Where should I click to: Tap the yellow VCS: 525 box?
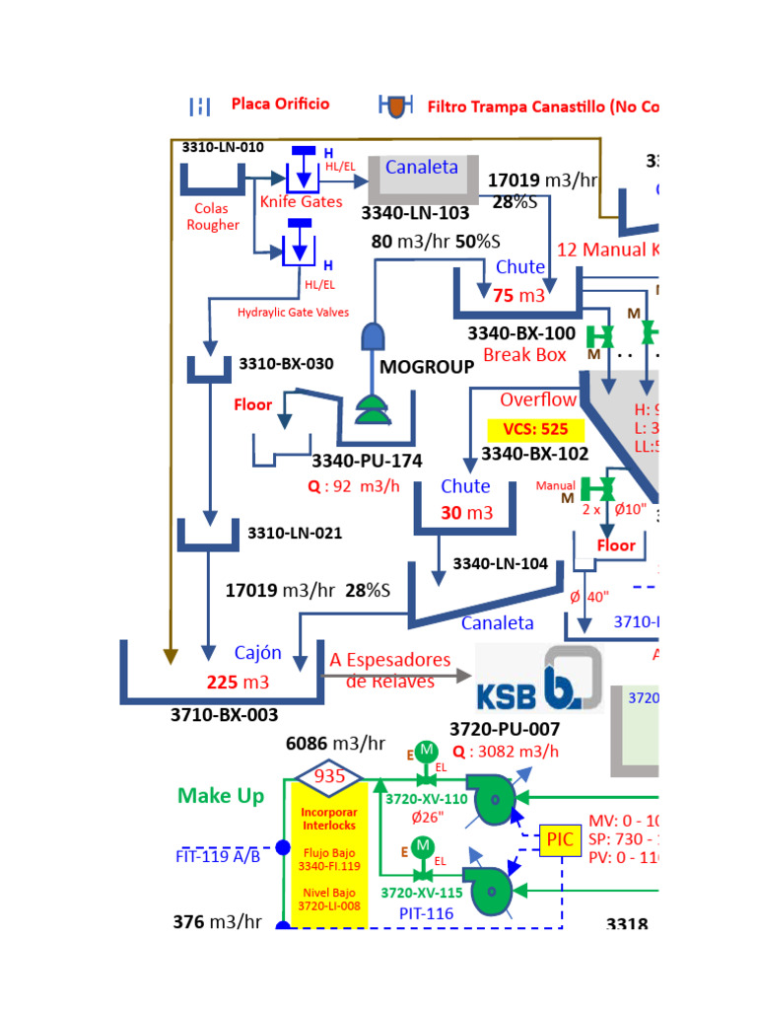[536, 429]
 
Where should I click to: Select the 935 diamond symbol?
[329, 776]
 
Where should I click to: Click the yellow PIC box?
[557, 839]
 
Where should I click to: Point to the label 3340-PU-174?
[367, 461]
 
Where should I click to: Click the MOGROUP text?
[427, 366]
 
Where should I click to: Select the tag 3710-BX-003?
[225, 714]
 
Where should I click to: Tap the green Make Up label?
[221, 795]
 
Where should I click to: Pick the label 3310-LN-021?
[295, 534]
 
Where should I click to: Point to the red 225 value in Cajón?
[223, 682]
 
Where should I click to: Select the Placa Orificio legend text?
[281, 104]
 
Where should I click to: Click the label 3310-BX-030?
[286, 363]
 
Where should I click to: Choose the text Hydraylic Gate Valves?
[293, 313]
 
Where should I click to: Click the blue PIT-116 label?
[426, 913]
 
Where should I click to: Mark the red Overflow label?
[537, 399]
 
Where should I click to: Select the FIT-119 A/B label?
[218, 856]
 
